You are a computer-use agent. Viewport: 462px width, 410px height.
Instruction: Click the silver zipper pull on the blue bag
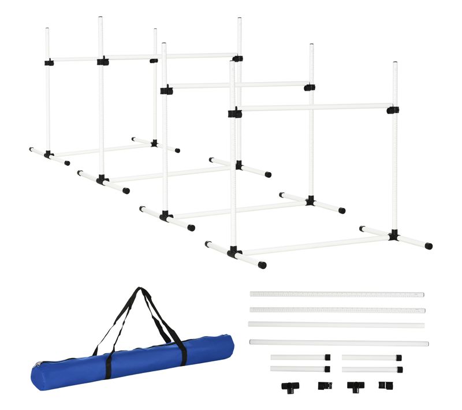pos(38,366)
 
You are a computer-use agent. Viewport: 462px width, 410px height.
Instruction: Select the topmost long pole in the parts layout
pos(337,295)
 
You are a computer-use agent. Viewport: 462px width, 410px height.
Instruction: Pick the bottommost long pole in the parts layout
pos(339,343)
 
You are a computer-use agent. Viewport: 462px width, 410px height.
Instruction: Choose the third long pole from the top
pos(336,325)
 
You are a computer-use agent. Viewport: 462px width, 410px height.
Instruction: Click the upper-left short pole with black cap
pos(300,357)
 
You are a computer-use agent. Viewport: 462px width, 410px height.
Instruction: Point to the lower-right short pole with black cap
pos(372,369)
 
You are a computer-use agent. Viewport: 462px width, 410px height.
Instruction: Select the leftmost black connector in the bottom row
pos(288,386)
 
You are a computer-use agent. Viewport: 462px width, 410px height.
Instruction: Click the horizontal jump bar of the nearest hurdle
pos(315,107)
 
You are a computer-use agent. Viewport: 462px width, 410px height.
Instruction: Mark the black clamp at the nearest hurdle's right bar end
pos(393,109)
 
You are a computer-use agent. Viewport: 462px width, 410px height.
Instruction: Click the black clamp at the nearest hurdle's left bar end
pos(234,112)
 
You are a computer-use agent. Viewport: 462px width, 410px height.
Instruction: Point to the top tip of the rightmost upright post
pos(395,64)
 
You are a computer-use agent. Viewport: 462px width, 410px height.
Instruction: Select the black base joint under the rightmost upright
pos(394,235)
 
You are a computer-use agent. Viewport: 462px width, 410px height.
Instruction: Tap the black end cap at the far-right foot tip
pos(429,246)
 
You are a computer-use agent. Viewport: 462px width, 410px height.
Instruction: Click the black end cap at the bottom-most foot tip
pos(263,266)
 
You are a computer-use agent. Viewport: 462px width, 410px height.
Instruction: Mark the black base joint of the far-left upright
pos(49,155)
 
